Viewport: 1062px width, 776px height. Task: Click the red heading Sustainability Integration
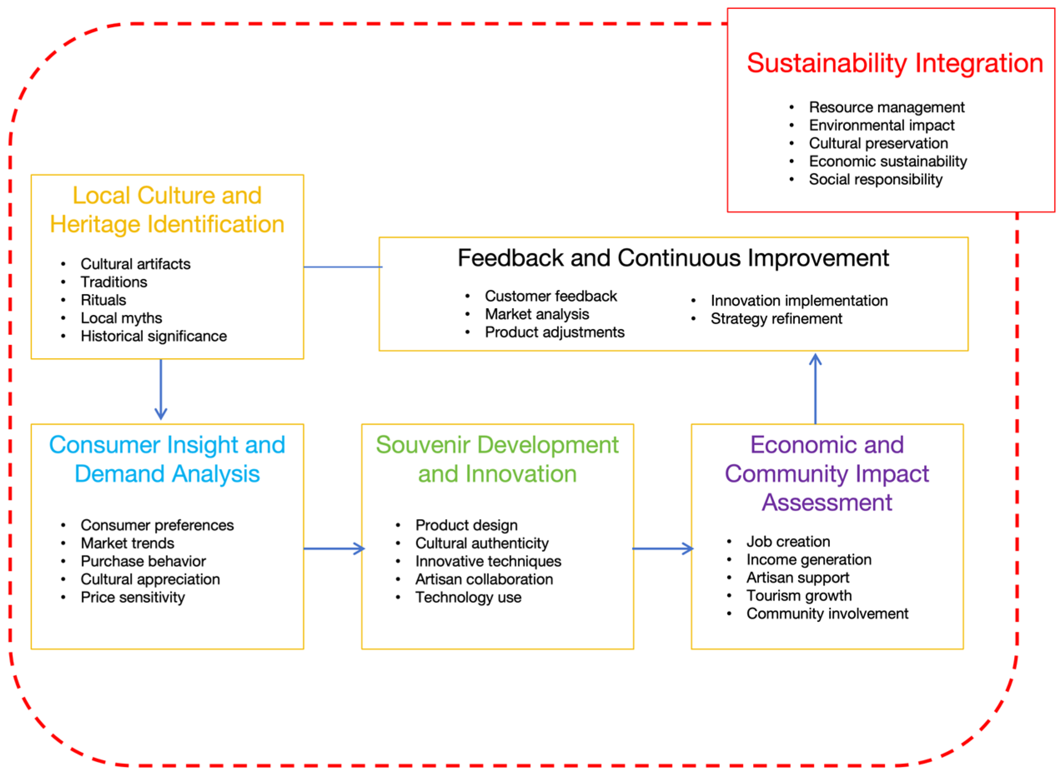click(894, 63)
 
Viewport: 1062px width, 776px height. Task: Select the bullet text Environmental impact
click(881, 125)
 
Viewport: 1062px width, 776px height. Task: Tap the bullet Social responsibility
click(875, 180)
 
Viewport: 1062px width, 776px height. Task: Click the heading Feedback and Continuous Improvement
click(673, 258)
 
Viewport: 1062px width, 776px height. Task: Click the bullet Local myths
click(121, 318)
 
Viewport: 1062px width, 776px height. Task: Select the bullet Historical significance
click(153, 336)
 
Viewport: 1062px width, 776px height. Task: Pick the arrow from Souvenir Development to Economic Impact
click(662, 548)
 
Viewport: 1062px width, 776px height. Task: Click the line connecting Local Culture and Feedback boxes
click(343, 267)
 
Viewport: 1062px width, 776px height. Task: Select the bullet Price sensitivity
click(133, 597)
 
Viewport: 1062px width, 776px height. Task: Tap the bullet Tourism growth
click(799, 595)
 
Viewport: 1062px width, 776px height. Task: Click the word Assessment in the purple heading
click(827, 502)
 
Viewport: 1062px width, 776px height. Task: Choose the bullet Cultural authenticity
click(482, 543)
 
